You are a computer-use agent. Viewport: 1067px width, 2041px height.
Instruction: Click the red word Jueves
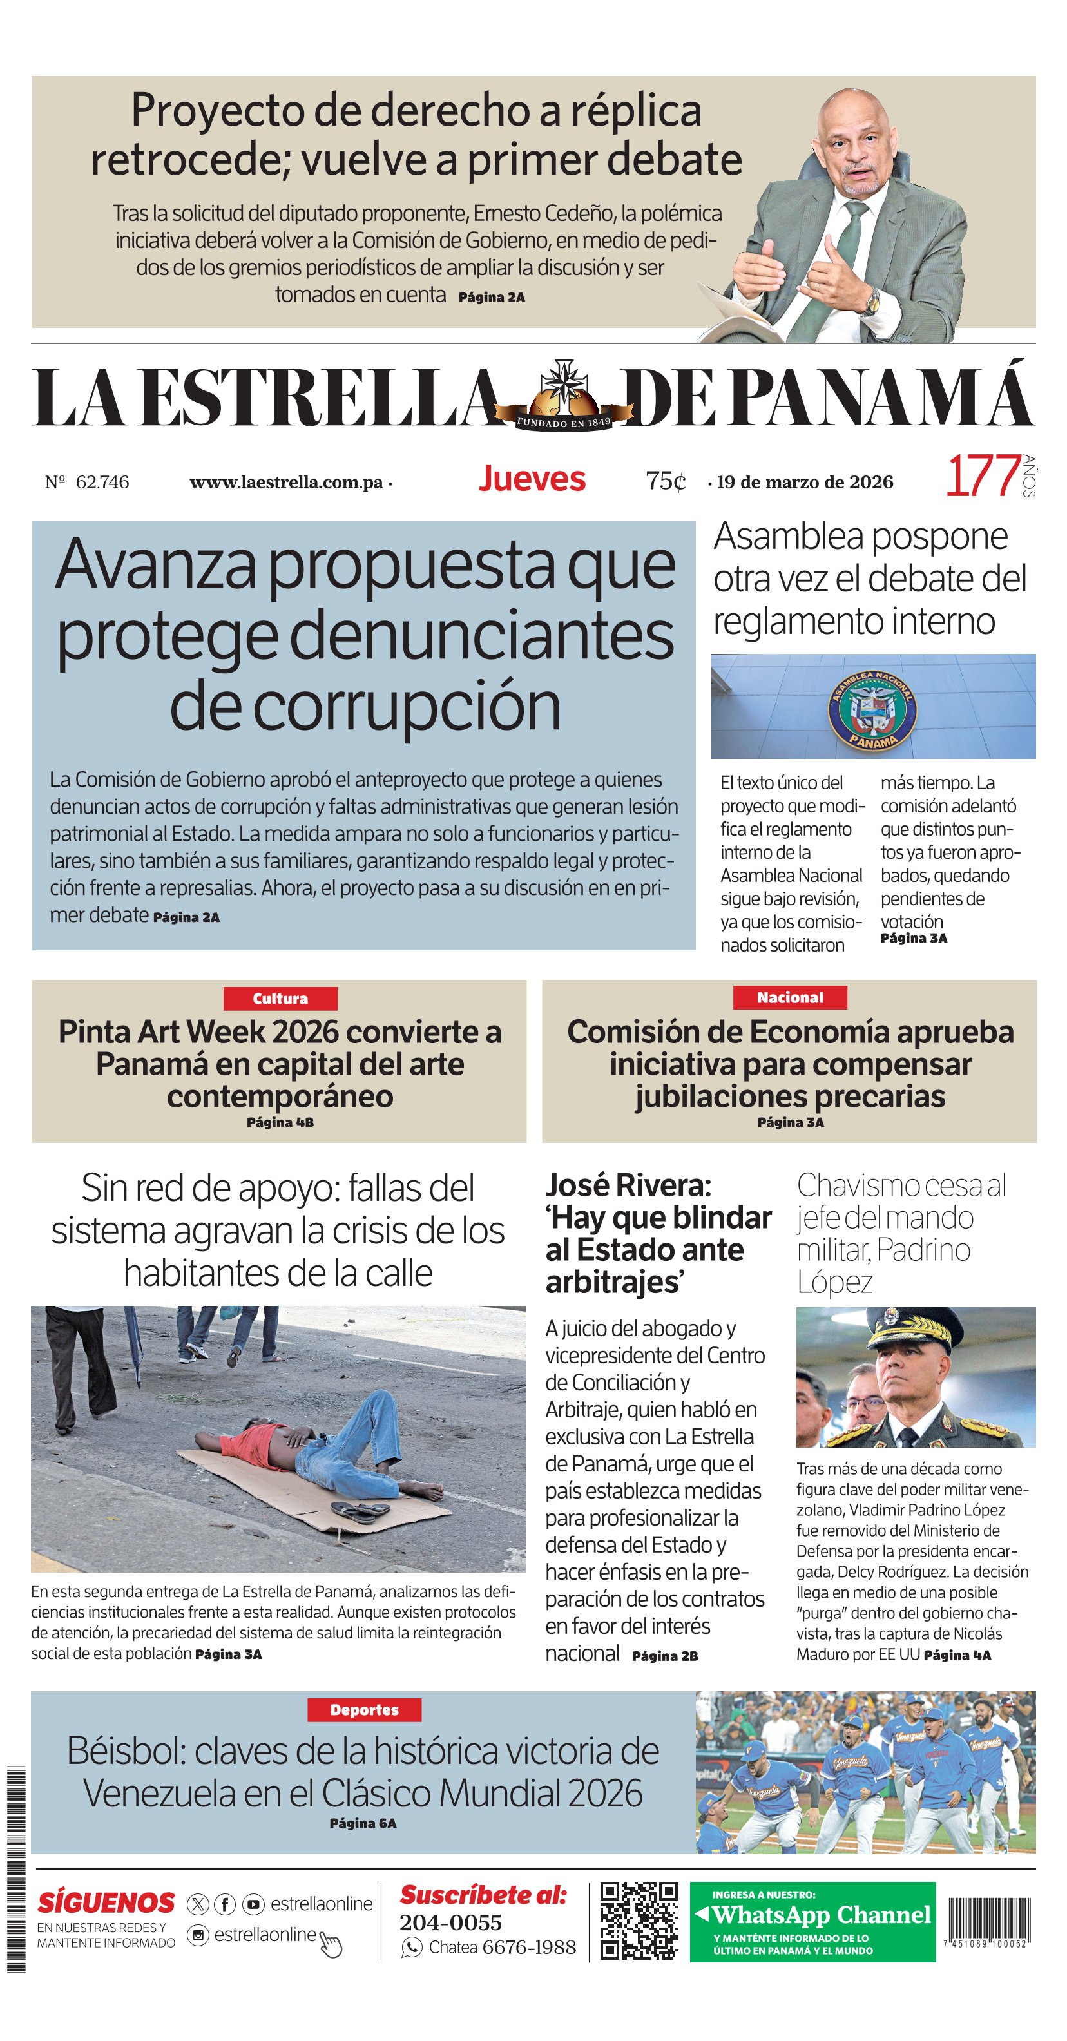532,479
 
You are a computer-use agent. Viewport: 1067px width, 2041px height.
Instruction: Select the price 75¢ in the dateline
666,481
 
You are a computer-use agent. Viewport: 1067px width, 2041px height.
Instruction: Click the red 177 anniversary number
982,476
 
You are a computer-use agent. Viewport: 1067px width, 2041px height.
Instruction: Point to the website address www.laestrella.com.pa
286,483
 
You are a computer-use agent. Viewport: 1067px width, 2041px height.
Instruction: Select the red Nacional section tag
790,997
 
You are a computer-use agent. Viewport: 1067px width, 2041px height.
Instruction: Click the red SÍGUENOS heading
106,1902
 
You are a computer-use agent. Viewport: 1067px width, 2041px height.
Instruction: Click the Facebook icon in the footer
225,1904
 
